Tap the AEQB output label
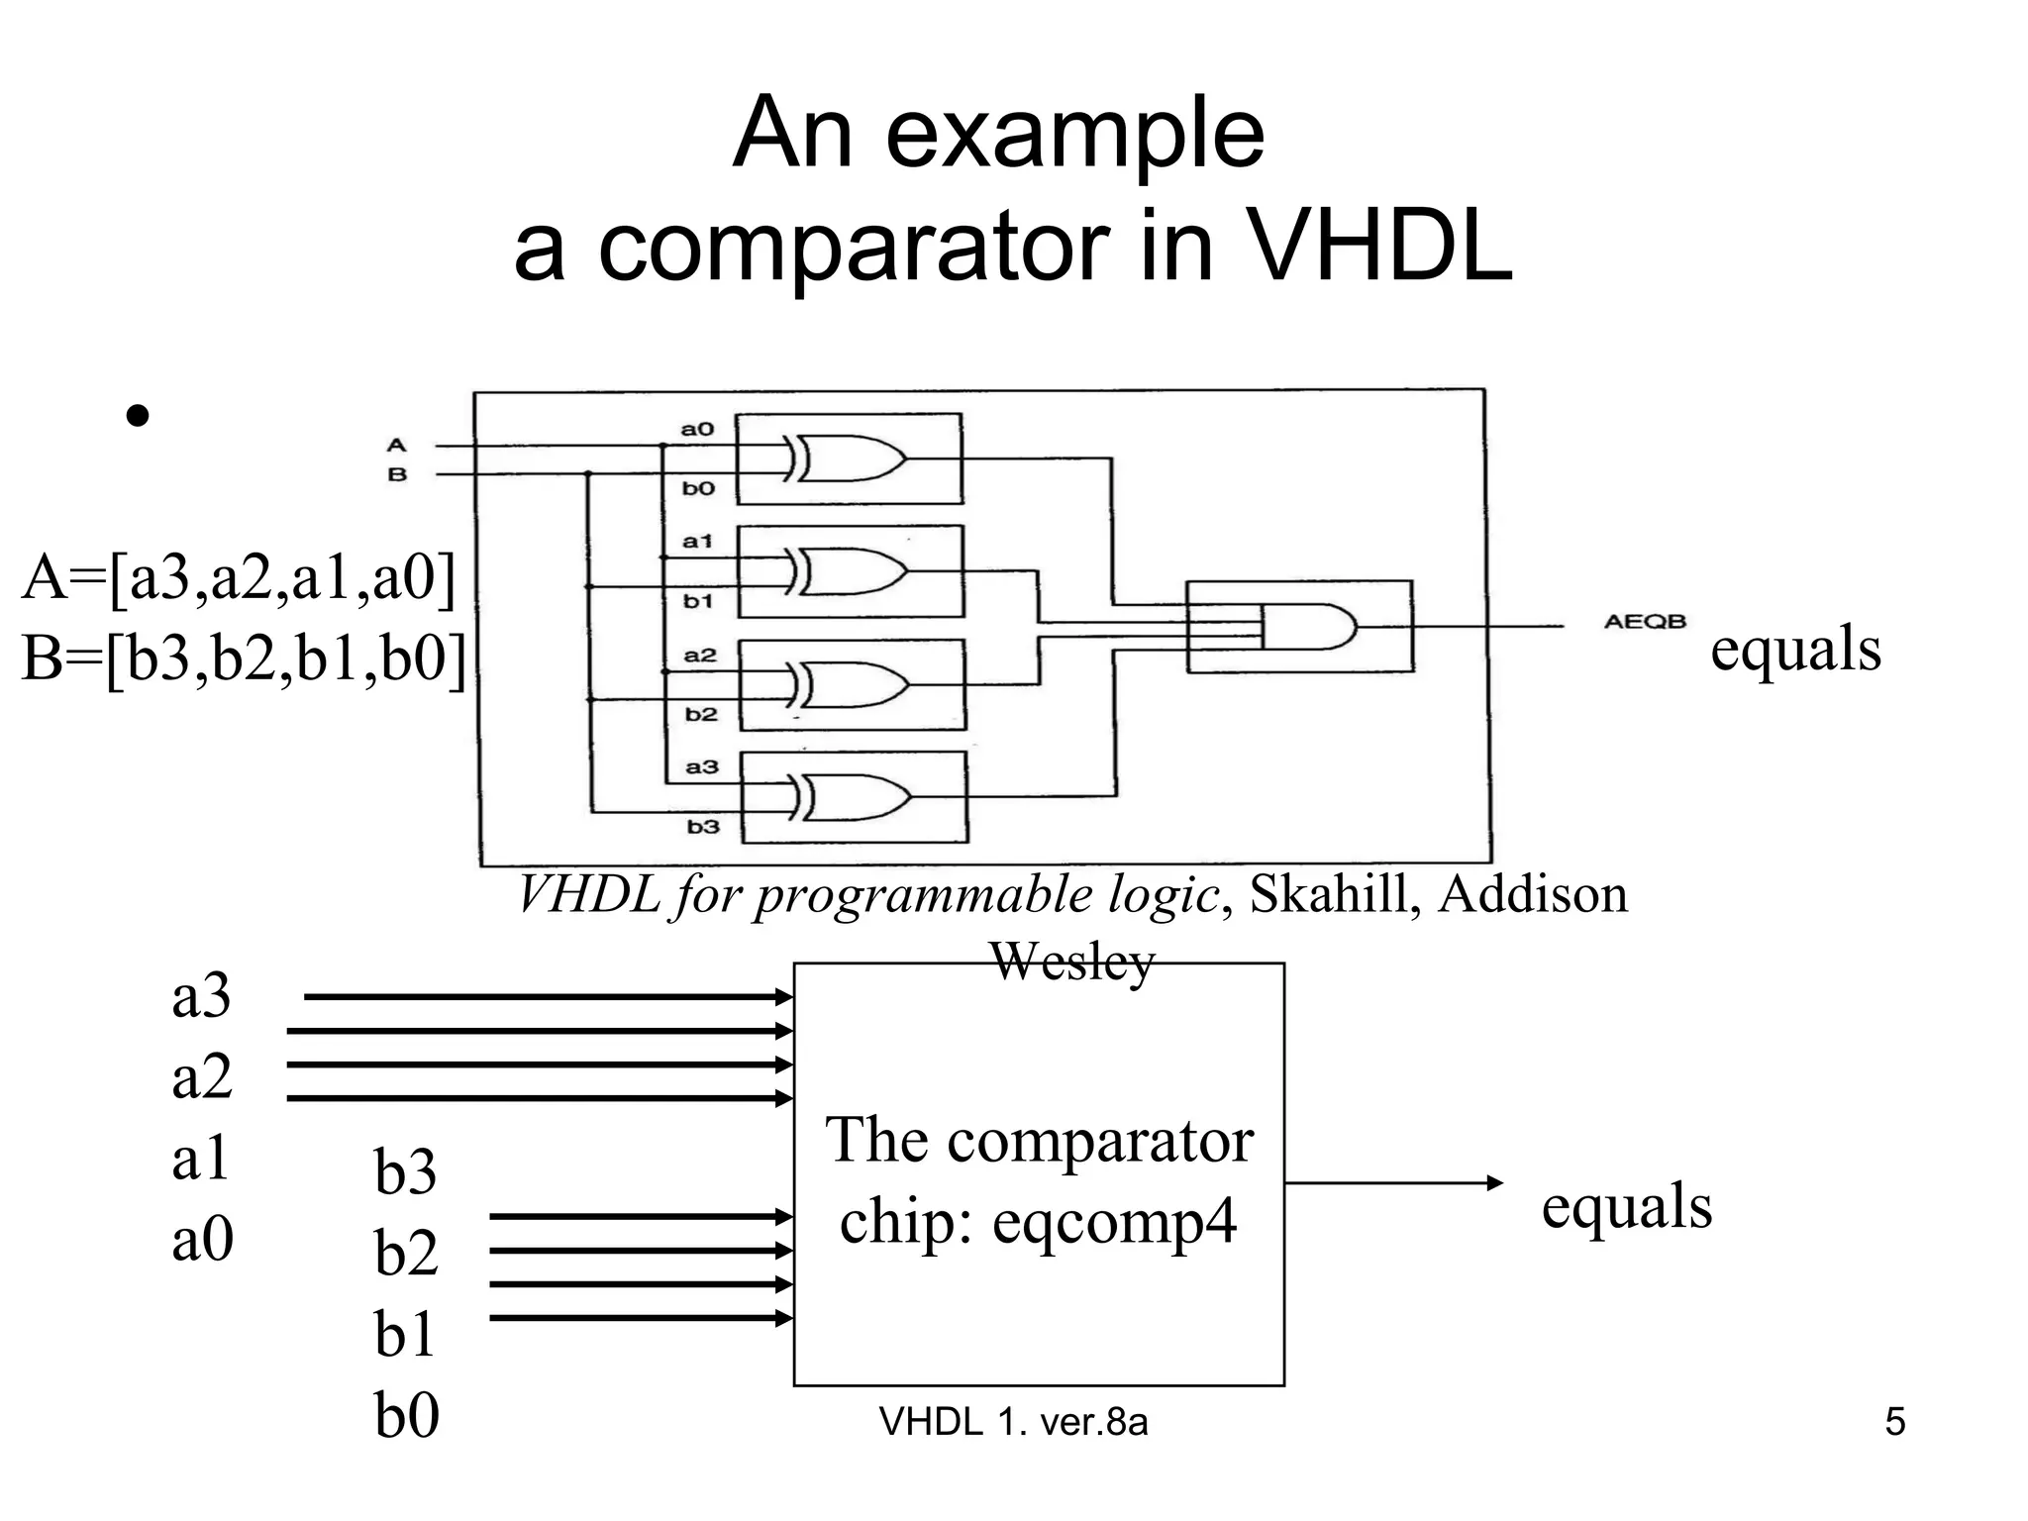pos(1644,622)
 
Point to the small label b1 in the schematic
pos(698,601)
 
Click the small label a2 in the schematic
pos(700,656)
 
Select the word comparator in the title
pos(854,248)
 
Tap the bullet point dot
pos(138,416)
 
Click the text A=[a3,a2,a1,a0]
pos(239,577)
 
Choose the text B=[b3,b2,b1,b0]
pos(244,659)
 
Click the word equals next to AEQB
pos(1795,650)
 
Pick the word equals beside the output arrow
pos(1626,1207)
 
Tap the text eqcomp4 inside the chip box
pos(1114,1221)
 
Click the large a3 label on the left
pos(201,996)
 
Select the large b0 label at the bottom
pos(406,1415)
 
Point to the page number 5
pos(1894,1422)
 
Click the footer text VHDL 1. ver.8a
pos(1013,1422)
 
